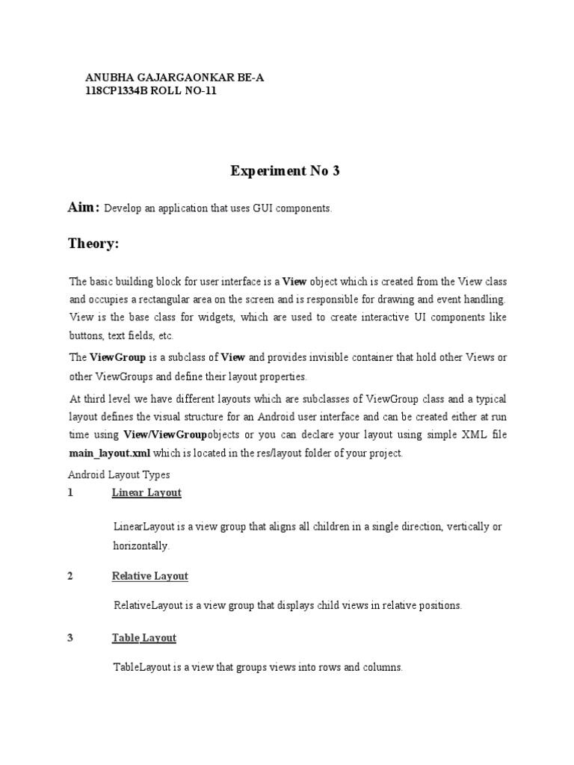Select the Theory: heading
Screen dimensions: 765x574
point(93,244)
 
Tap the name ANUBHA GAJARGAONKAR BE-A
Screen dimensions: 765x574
point(176,77)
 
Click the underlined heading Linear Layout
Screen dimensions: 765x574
point(146,493)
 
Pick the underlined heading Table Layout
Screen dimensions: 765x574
point(144,638)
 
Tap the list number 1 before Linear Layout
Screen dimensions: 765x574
point(70,493)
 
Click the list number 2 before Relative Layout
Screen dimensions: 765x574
point(70,576)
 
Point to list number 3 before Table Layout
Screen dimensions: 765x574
point(70,638)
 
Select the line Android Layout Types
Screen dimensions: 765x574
point(119,474)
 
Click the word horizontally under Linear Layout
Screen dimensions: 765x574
point(141,546)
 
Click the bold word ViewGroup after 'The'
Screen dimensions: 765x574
point(118,358)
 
